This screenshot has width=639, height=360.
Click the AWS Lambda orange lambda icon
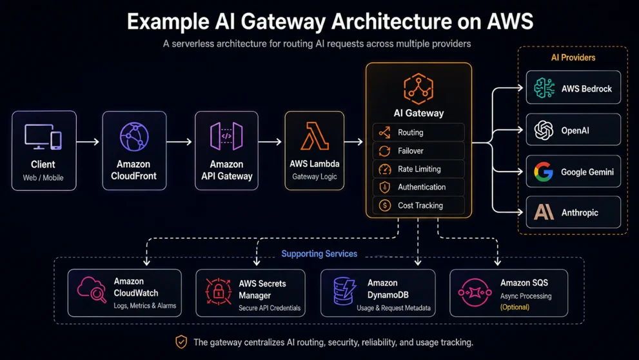(315, 136)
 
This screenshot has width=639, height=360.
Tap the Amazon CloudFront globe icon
(135, 137)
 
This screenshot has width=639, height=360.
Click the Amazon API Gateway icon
(226, 136)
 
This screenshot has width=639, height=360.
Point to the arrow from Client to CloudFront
(88, 142)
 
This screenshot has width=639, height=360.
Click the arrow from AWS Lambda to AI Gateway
(353, 142)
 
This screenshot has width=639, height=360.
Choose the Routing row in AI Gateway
(418, 132)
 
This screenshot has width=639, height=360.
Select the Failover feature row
(418, 151)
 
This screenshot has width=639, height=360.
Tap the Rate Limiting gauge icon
(385, 169)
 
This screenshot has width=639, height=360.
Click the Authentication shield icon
(385, 187)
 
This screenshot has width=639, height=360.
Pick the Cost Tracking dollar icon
(385, 205)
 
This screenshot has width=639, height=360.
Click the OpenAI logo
(544, 130)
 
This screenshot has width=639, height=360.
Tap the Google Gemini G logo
(544, 172)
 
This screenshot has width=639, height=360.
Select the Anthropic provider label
(580, 212)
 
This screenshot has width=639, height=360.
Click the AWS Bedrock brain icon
(544, 88)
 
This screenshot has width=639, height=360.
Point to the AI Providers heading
(573, 57)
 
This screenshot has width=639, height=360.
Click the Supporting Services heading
(319, 254)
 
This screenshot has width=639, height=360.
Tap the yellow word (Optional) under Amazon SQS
(515, 307)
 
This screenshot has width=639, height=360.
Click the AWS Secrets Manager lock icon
(219, 292)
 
